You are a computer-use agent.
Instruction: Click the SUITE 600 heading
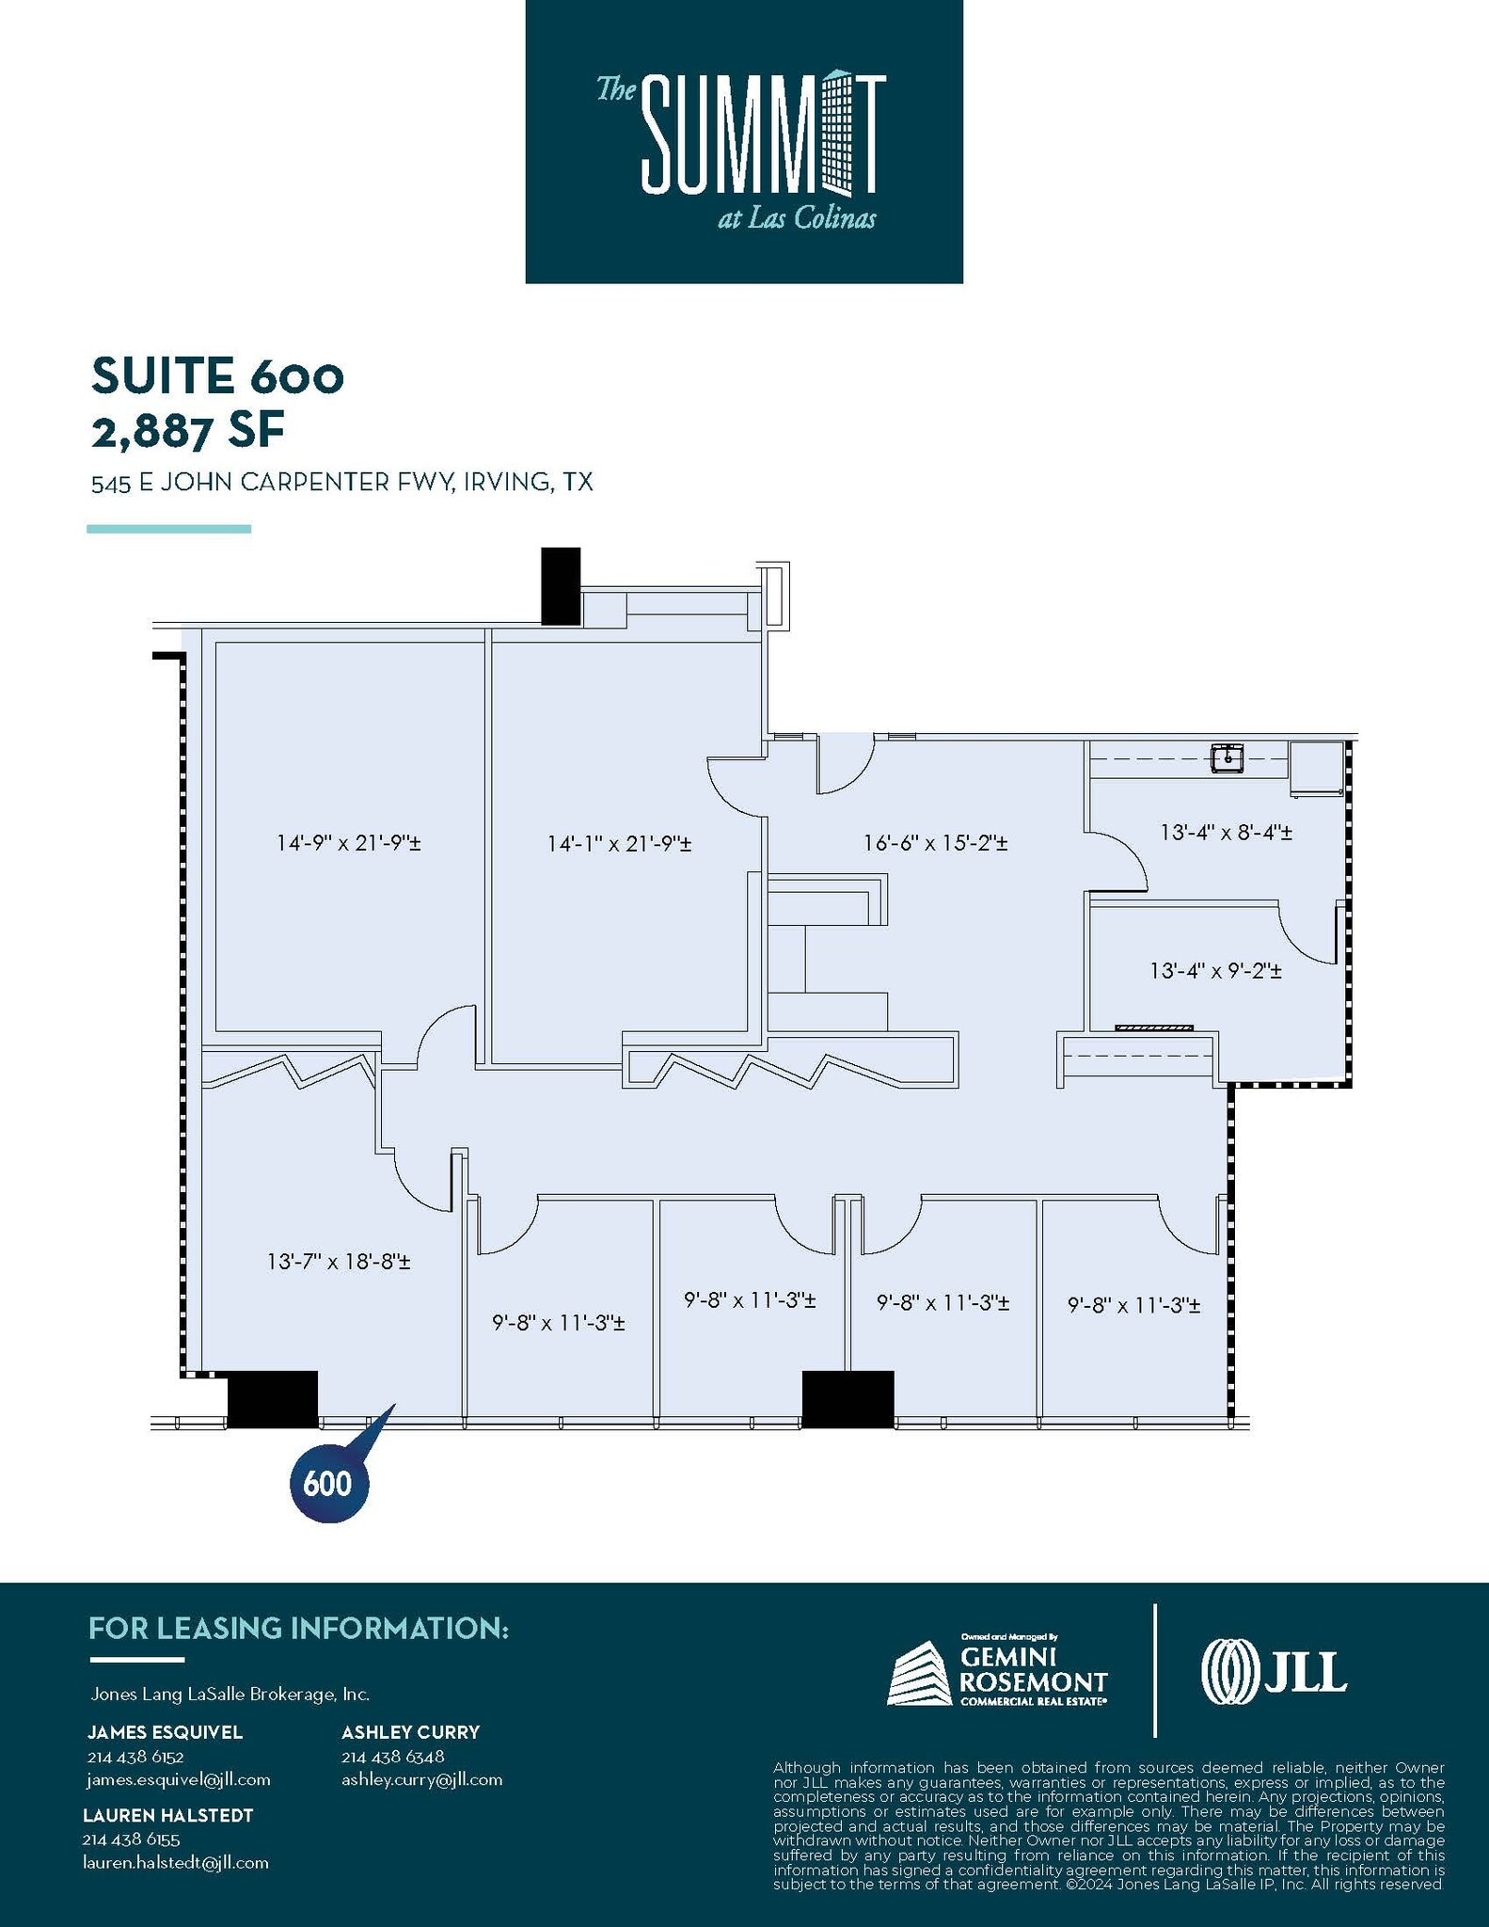[217, 376]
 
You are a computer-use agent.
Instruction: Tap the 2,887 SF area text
[187, 432]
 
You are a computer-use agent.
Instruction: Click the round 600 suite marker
[327, 1484]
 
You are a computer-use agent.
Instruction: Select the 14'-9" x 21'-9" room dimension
[348, 843]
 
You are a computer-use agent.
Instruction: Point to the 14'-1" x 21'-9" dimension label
[619, 844]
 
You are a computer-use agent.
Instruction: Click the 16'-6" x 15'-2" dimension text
[935, 843]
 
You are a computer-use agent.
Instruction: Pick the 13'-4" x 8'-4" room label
[1225, 833]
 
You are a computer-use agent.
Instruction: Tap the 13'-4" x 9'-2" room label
[1215, 969]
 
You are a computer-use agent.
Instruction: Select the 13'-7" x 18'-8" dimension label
[339, 1261]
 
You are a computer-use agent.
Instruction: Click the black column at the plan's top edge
[561, 585]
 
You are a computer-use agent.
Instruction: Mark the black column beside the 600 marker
[273, 1398]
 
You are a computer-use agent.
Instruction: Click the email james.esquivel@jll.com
[178, 1779]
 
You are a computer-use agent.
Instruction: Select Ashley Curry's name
[410, 1731]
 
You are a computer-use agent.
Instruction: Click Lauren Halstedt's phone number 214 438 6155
[131, 1839]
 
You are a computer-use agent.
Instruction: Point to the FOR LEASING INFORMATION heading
[298, 1628]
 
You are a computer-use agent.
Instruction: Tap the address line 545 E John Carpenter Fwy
[341, 483]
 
